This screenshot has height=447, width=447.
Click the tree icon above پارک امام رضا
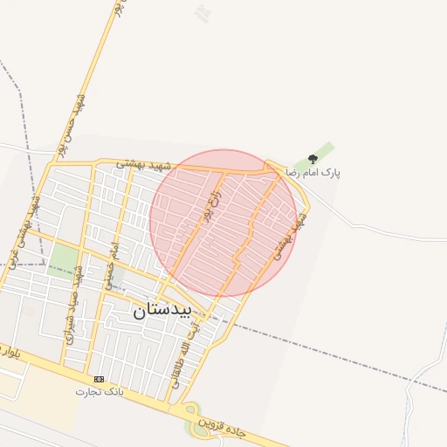coord(313,159)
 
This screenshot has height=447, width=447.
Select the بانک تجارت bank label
coord(100,392)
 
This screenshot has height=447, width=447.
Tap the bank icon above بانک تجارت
coord(99,379)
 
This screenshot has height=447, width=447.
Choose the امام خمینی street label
coord(111,266)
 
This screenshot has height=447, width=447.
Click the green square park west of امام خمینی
coord(63,259)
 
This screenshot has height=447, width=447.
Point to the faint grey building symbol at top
coord(203,13)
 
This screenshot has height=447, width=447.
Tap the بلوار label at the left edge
coord(9,353)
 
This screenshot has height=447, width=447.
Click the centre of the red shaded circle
coord(223,223)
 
